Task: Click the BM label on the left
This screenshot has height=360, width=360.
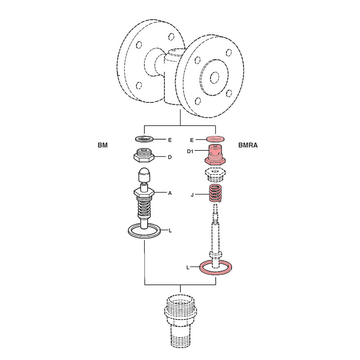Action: [103, 145]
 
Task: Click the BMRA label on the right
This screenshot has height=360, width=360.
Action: [248, 145]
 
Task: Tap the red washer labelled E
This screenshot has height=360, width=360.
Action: [215, 139]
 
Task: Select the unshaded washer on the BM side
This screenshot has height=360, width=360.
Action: [144, 139]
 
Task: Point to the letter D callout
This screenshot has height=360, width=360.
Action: [170, 157]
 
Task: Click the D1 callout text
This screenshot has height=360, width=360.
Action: [190, 151]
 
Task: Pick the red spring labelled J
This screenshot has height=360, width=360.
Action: [215, 193]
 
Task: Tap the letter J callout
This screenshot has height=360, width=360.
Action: [192, 195]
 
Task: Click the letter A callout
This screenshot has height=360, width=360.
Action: [170, 193]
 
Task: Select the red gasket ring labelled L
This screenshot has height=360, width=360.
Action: [200, 268]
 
